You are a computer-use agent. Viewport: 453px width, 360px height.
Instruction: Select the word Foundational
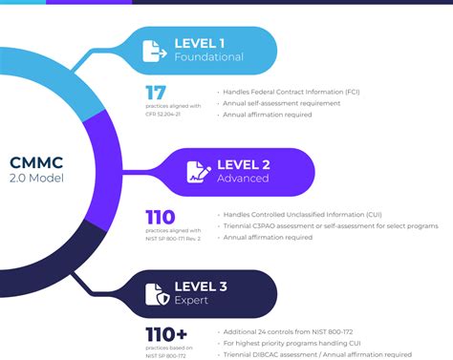pyautogui.click(x=208, y=57)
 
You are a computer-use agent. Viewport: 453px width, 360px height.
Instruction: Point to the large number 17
pyautogui.click(x=155, y=95)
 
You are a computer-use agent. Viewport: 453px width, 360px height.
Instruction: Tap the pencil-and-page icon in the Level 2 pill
pyautogui.click(x=199, y=172)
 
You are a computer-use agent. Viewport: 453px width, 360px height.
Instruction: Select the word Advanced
pyautogui.click(x=244, y=180)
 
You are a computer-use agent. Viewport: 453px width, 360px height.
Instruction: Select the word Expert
pyautogui.click(x=191, y=302)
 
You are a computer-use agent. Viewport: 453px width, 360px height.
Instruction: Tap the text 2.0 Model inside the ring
pyautogui.click(x=35, y=179)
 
